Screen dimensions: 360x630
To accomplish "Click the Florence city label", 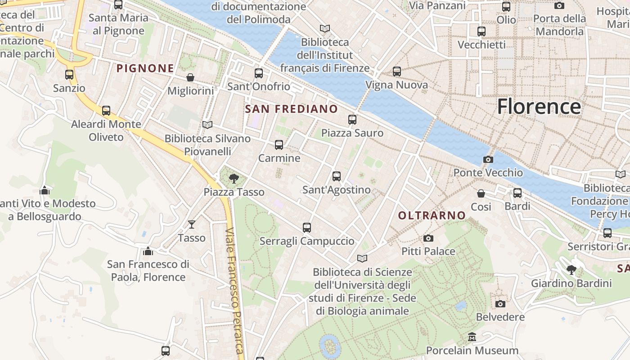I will tap(539, 107).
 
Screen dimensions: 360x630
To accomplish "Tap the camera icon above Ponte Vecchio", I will tap(488, 159).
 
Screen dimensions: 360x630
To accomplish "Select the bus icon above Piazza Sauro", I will tap(352, 120).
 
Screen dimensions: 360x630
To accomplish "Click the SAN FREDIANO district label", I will tap(291, 109).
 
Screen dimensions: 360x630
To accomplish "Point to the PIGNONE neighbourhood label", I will tap(145, 68).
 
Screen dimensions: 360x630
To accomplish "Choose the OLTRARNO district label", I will tap(432, 216).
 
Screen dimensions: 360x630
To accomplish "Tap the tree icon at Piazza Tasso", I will tap(234, 179).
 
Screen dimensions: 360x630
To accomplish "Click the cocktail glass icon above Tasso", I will tap(192, 224).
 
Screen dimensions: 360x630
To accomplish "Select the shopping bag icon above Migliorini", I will tap(190, 77).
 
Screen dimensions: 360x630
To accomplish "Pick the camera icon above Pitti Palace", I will tap(428, 238).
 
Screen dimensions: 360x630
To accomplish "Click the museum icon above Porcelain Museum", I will tap(472, 337).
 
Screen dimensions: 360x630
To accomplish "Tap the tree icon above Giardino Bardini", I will tap(571, 270).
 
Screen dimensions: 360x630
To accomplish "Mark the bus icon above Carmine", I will tap(279, 145).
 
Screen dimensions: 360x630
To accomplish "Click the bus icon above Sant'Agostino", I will tap(337, 176).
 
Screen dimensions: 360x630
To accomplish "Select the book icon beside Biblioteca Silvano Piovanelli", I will tap(207, 125).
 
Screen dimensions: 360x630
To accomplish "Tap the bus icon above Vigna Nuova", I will tap(397, 72).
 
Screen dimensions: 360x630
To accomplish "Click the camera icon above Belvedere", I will tap(500, 304).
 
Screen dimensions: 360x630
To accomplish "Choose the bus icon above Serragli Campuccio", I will tap(307, 228).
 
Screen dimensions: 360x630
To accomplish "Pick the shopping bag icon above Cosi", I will tap(481, 193).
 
